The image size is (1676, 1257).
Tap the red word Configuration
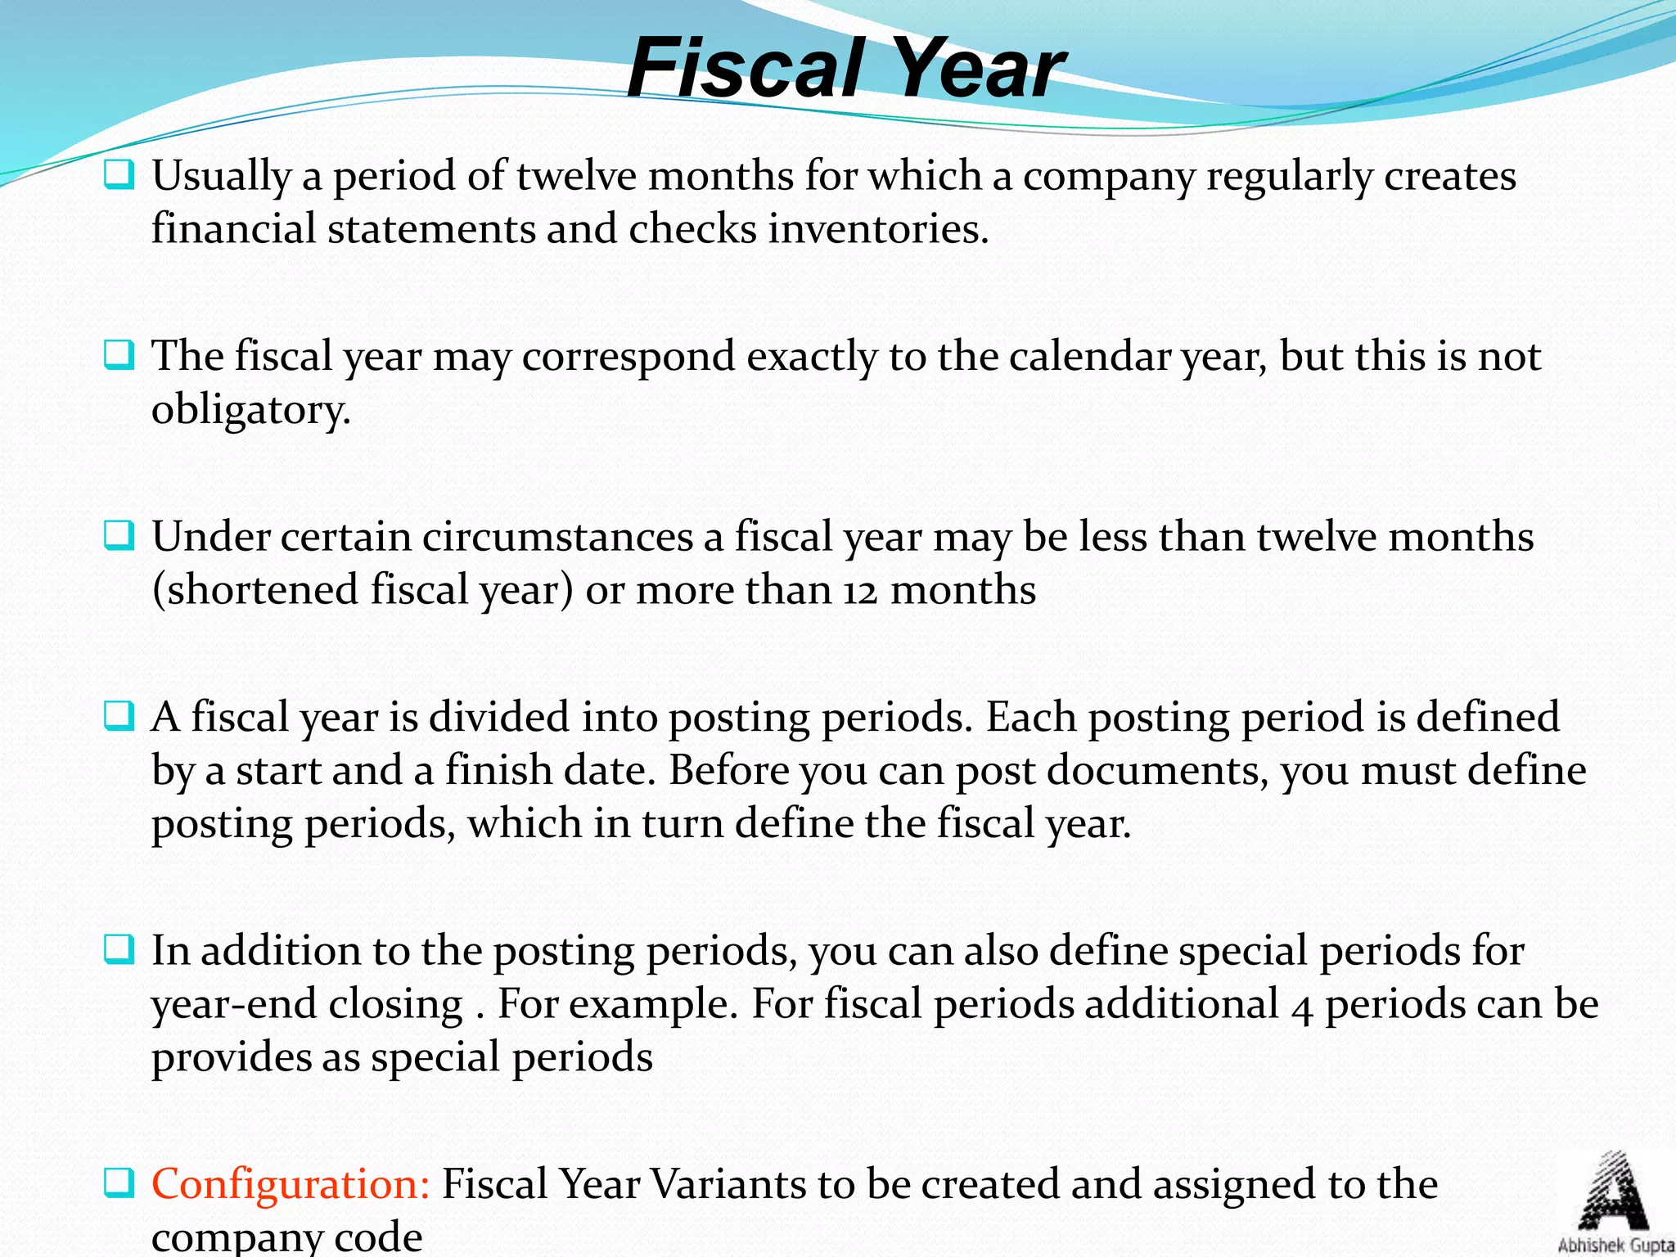[291, 1184]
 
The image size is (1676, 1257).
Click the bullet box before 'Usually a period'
[119, 174]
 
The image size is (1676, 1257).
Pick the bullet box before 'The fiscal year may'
[119, 355]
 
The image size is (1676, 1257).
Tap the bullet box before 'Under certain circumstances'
[119, 536]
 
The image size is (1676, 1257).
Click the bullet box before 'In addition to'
[119, 949]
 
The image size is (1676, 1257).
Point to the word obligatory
[250, 410]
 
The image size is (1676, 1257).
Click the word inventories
[878, 229]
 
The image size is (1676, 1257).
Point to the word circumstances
[557, 538]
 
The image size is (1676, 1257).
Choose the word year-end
[307, 1005]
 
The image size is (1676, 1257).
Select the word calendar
[1090, 357]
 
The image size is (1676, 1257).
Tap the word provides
[231, 1057]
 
